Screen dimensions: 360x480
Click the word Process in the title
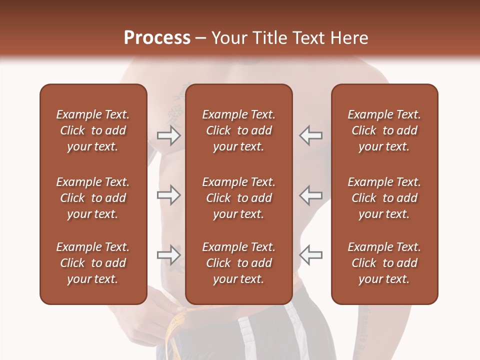pos(157,38)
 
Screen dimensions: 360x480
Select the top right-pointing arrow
pos(168,135)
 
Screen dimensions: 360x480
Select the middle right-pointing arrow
pos(168,195)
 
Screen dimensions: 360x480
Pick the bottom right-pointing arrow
pos(168,255)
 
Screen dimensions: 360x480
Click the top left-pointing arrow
pos(311,135)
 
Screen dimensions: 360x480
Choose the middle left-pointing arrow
pos(311,195)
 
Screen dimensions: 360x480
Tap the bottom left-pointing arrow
pos(311,255)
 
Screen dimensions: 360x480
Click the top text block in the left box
pos(93,130)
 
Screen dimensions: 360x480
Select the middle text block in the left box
pos(93,198)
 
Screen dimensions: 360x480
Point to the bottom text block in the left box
pos(93,263)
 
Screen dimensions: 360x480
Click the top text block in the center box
pos(238,130)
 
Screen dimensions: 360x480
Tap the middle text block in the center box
pos(238,198)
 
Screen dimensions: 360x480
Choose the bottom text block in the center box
pos(238,263)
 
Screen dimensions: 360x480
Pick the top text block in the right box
pos(384,130)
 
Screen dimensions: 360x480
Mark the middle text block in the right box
pos(384,198)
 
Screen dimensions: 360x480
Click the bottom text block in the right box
pos(384,263)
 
